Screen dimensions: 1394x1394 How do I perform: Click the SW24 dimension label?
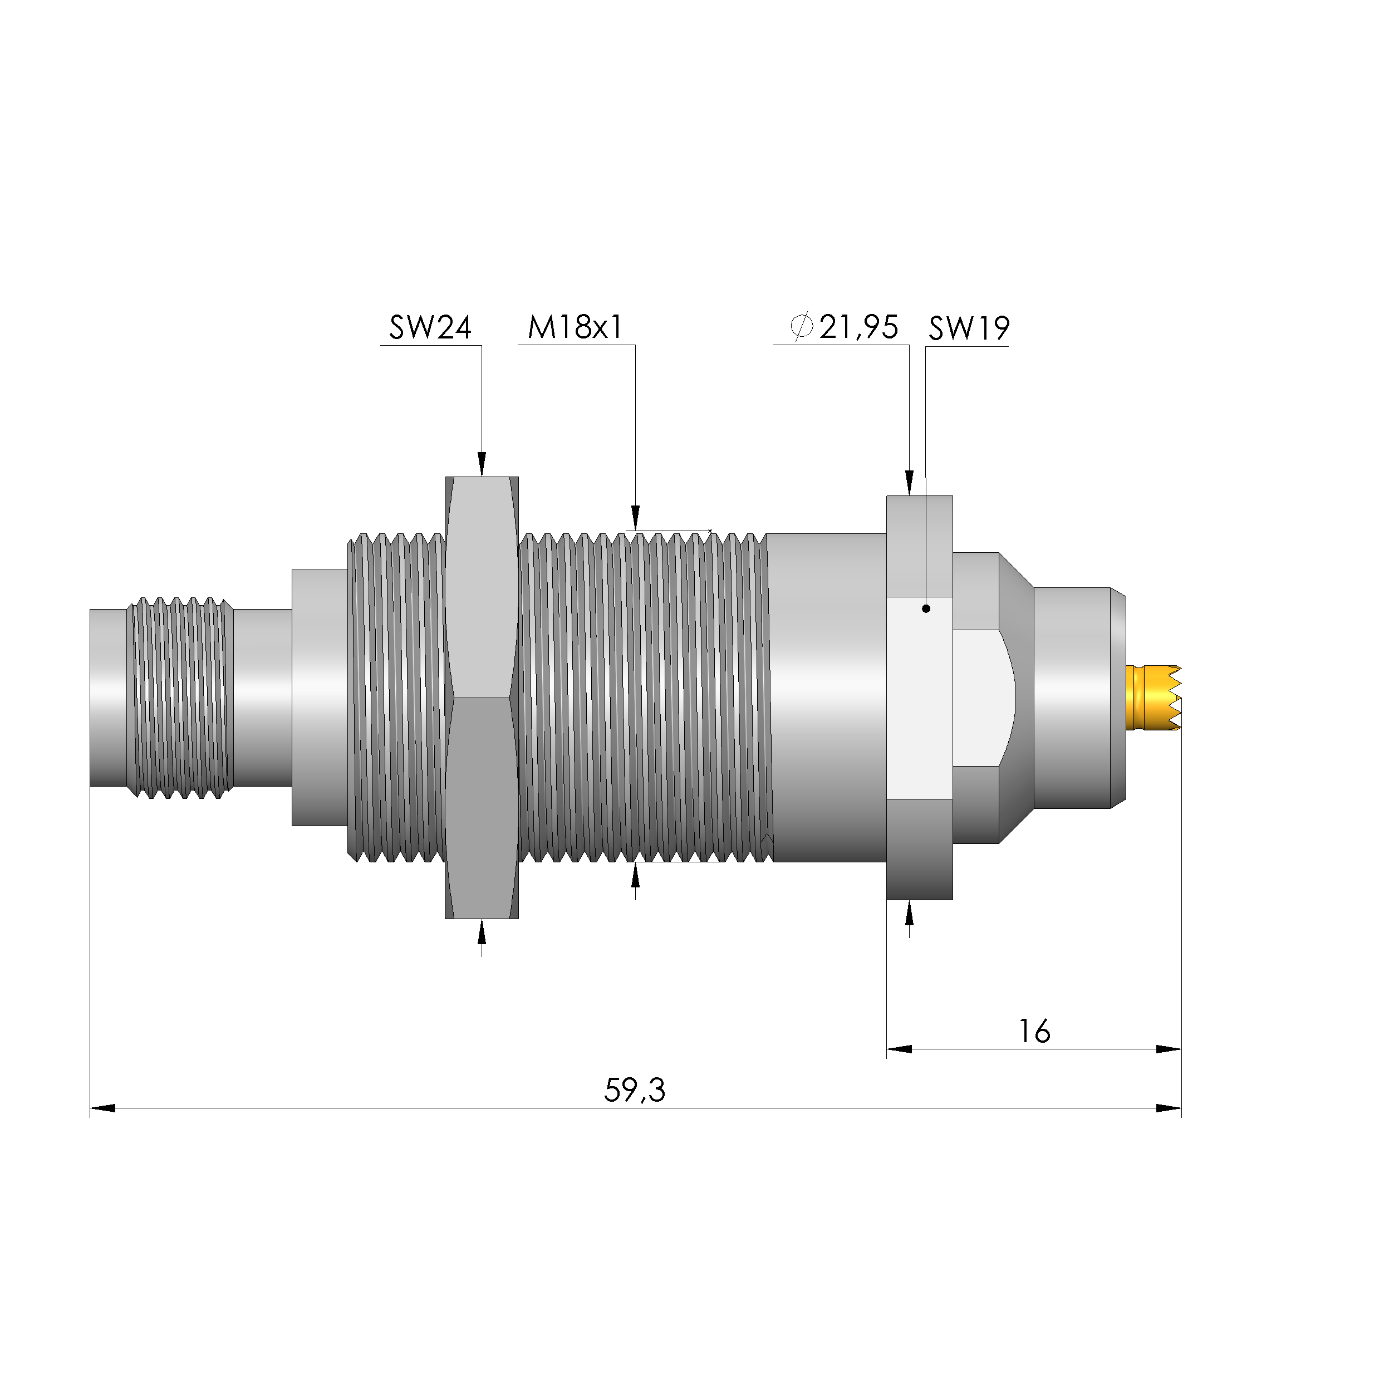pyautogui.click(x=430, y=327)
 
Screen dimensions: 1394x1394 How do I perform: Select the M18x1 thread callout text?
pyautogui.click(x=575, y=327)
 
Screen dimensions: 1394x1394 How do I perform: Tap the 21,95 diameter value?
pyautogui.click(x=858, y=327)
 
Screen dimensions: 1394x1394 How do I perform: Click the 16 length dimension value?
pyautogui.click(x=1034, y=1031)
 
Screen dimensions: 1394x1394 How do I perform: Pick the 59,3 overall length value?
pyautogui.click(x=634, y=1089)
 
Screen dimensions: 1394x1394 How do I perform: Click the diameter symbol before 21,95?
pyautogui.click(x=802, y=326)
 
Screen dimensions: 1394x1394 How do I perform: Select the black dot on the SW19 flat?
pyautogui.click(x=926, y=608)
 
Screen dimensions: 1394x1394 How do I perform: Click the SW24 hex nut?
pyautogui.click(x=481, y=696)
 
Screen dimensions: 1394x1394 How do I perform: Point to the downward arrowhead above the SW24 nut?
pyautogui.click(x=481, y=464)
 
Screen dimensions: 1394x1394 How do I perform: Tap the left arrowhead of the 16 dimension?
pyautogui.click(x=899, y=1048)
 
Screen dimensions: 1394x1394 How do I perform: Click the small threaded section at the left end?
pyautogui.click(x=180, y=697)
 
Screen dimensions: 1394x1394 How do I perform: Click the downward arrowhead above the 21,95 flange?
pyautogui.click(x=909, y=482)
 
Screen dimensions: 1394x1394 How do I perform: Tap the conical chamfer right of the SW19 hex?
pyautogui.click(x=1016, y=697)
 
